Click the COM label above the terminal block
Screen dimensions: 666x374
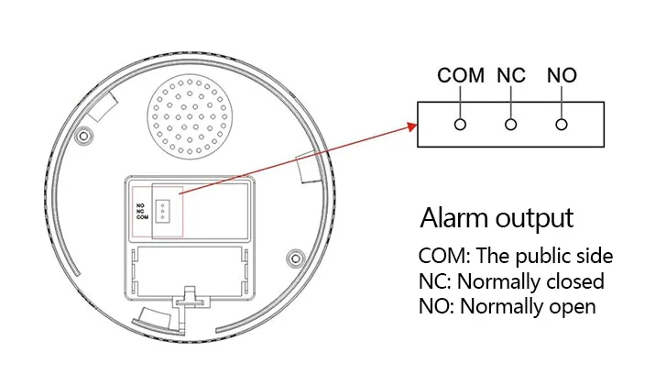(461, 75)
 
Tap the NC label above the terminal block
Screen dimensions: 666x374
(511, 75)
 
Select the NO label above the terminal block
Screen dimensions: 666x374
(562, 75)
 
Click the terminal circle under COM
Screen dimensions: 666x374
(461, 122)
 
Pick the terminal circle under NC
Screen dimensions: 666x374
(511, 122)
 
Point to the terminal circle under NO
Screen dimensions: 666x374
(562, 122)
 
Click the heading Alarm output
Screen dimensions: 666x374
(497, 219)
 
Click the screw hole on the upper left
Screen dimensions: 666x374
(84, 136)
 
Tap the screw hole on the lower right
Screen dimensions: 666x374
(294, 257)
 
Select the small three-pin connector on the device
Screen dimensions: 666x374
(163, 211)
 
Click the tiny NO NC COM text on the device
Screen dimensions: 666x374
(141, 212)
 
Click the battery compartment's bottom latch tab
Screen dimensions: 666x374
(191, 299)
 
